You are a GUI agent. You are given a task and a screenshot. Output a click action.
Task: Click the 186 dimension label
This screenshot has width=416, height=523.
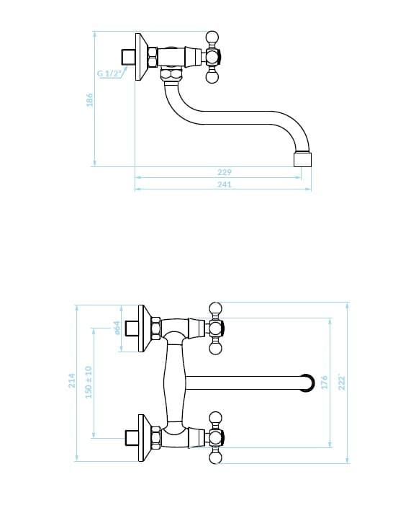point(89,100)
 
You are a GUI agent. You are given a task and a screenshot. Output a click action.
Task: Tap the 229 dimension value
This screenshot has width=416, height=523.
point(225,172)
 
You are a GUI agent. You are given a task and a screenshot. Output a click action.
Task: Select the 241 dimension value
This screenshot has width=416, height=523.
point(225,184)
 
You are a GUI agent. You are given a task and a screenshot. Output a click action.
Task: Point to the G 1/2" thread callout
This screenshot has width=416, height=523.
point(109,73)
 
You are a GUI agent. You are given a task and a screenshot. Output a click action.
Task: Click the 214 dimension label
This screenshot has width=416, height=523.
point(72,380)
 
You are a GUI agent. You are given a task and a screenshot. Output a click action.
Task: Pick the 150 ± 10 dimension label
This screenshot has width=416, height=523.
point(89,383)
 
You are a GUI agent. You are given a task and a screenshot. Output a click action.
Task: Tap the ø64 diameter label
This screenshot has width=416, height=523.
point(117,328)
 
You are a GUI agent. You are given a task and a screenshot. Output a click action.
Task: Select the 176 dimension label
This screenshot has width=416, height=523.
point(324,383)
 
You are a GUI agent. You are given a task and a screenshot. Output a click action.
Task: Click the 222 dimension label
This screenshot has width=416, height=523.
point(342,383)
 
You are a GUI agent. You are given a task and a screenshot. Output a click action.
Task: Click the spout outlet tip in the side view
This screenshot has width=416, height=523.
point(302,159)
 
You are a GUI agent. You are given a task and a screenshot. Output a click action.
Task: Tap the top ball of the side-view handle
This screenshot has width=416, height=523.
point(212,36)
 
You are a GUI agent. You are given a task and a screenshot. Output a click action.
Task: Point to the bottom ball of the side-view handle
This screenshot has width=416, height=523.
point(212,77)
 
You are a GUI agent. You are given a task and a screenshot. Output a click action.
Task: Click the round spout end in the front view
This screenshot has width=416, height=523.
point(307,383)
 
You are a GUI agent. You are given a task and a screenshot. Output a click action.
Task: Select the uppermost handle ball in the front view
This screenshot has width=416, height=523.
point(215,308)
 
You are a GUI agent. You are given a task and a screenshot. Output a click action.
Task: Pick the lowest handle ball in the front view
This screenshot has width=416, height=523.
point(215,457)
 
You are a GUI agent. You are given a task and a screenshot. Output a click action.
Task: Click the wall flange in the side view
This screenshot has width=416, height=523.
point(142,57)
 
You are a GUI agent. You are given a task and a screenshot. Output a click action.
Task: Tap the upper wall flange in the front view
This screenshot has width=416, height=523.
point(145,328)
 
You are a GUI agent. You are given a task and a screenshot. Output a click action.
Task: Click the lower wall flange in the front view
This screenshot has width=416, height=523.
point(145,438)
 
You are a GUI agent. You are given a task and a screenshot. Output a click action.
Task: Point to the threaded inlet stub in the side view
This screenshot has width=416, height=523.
point(128,57)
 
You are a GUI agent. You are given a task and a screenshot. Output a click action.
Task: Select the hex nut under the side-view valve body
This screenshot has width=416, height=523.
point(171,73)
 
